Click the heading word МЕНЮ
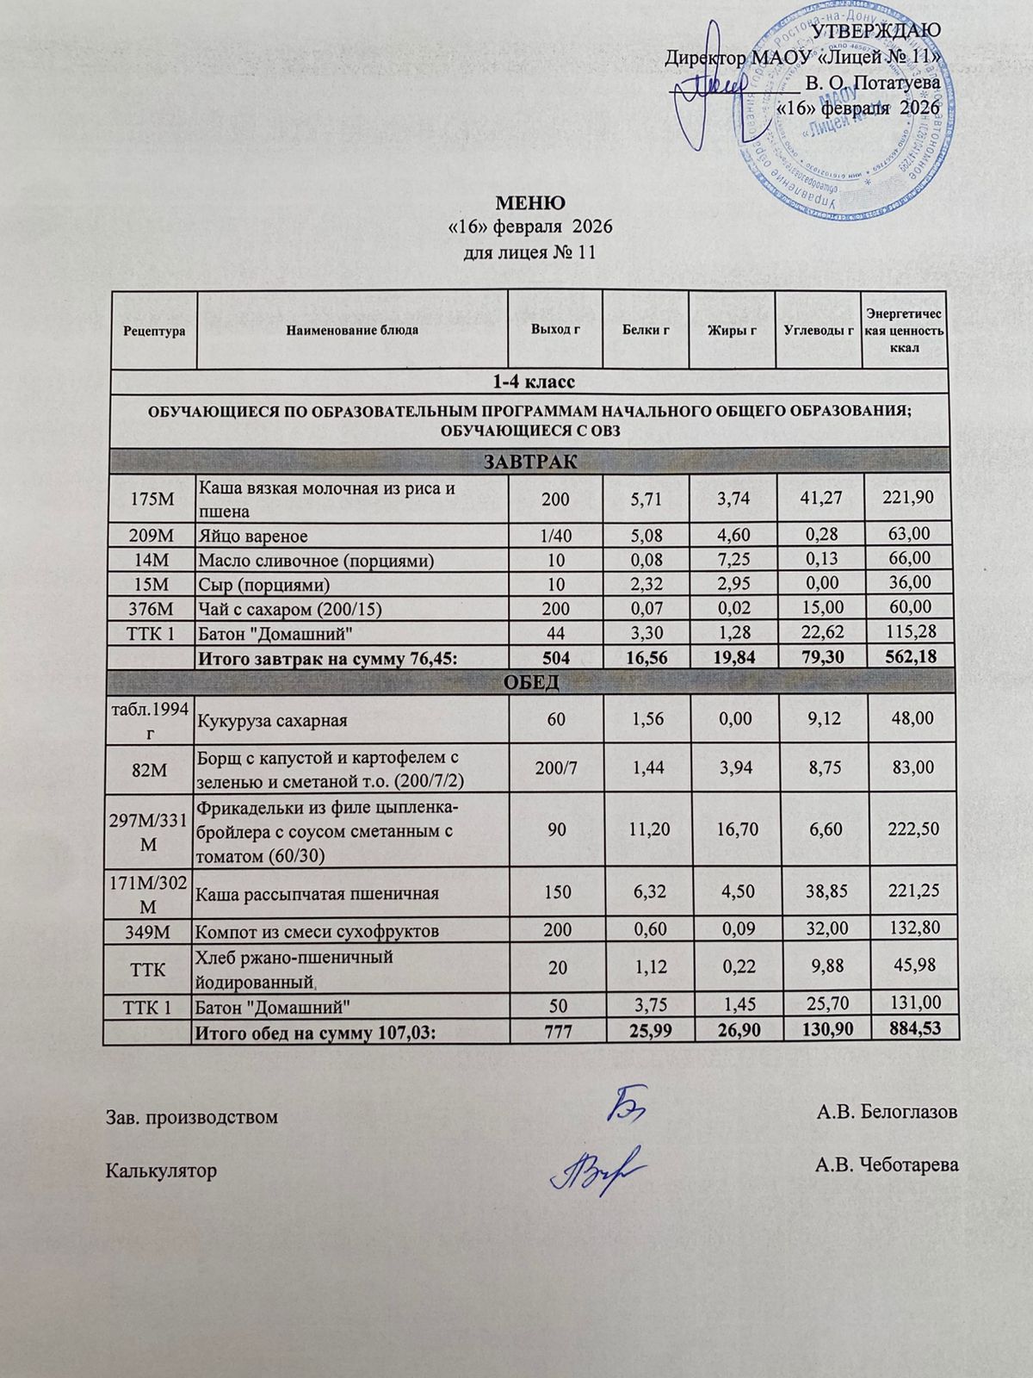pyautogui.click(x=530, y=203)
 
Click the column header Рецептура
pyautogui.click(x=154, y=331)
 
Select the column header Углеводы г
pyautogui.click(x=818, y=331)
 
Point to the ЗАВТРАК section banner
pyautogui.click(x=529, y=461)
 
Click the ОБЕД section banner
pyautogui.click(x=529, y=682)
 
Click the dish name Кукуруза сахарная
pyautogui.click(x=273, y=719)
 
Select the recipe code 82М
pyautogui.click(x=148, y=768)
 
